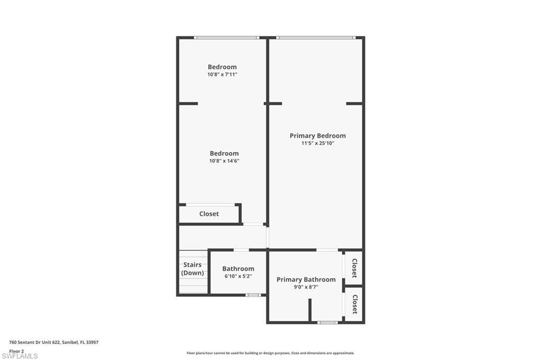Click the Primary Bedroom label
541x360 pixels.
click(318, 136)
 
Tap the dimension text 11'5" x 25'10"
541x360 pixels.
click(318, 143)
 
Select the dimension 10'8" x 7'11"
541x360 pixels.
click(222, 74)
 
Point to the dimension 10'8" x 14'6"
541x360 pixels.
click(224, 161)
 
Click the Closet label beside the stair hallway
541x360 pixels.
click(209, 214)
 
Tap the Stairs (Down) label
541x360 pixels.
click(193, 269)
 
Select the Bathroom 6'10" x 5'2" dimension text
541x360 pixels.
click(238, 276)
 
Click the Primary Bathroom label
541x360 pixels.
click(306, 279)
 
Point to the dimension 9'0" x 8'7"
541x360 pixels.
click(306, 287)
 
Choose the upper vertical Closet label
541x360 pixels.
click(354, 268)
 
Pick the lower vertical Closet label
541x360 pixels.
click(354, 304)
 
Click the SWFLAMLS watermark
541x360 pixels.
click(20, 356)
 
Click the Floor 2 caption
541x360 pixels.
click(16, 350)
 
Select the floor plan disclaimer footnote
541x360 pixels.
click(270, 353)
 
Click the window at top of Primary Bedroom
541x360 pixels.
click(315, 37)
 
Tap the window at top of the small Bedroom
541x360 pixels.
click(226, 37)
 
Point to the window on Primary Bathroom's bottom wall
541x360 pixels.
click(328, 322)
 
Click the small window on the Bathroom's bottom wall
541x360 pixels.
click(253, 295)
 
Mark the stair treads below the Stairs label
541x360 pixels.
click(193, 285)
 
